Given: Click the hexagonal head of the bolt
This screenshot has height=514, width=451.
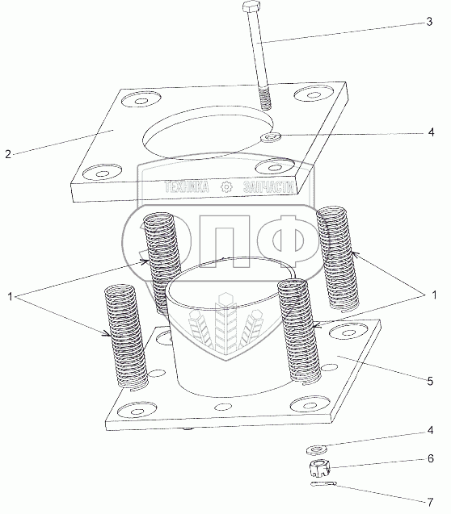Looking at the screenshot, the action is (x=251, y=6).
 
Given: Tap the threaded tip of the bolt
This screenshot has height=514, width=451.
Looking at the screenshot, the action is (x=265, y=98).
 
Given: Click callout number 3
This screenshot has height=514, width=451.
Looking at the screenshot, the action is (x=429, y=22).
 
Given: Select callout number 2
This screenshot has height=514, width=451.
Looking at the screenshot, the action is (x=8, y=154).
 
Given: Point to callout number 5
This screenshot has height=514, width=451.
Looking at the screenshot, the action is (x=430, y=381).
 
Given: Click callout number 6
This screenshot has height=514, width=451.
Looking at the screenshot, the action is (x=431, y=458).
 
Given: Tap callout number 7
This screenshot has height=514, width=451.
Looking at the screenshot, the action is (x=430, y=502).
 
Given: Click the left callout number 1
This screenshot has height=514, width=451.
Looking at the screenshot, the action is (x=11, y=297).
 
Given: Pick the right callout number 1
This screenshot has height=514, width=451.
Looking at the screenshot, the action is (x=434, y=295).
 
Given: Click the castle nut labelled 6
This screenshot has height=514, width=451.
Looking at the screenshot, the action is (x=319, y=468).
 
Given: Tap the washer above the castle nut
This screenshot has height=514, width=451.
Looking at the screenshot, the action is (x=315, y=449).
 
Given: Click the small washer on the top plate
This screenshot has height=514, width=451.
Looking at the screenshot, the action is (x=271, y=137).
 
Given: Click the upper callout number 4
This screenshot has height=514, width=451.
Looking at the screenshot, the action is (x=432, y=132).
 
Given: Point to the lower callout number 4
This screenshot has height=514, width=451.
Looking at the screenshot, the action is (x=430, y=430).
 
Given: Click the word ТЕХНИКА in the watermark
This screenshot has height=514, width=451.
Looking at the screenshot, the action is (x=187, y=187).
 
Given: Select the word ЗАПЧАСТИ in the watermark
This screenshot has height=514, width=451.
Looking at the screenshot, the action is (x=268, y=187).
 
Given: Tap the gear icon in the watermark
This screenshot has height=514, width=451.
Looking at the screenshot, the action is (x=226, y=187).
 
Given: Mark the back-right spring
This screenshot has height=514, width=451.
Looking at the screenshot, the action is (x=337, y=259).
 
